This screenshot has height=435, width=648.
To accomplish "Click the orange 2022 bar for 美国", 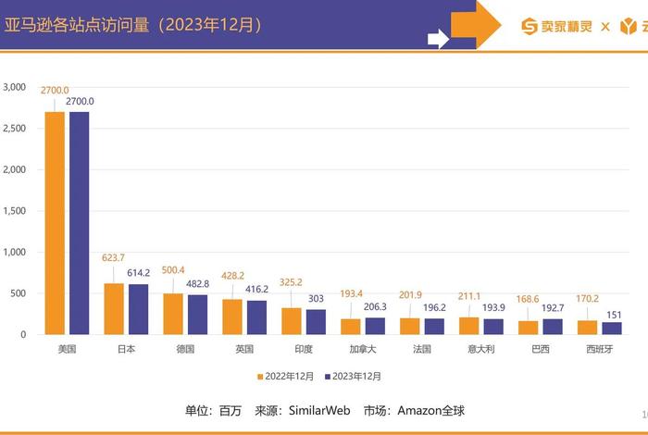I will click(x=55, y=222).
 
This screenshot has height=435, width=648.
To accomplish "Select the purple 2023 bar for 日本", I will click(x=137, y=309).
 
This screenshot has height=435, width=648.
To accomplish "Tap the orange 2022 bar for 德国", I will click(x=173, y=314).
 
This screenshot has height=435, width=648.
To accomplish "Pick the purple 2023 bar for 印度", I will click(x=317, y=321).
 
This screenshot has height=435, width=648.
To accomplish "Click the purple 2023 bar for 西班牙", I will click(x=613, y=328).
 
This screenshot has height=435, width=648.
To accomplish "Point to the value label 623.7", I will click(x=114, y=258).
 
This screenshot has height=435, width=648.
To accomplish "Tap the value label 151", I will click(x=613, y=315).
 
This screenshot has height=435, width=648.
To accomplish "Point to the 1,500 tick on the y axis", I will click(x=14, y=211).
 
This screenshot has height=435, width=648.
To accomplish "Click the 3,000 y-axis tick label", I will click(x=14, y=87).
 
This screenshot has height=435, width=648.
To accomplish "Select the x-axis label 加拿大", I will click(x=364, y=350).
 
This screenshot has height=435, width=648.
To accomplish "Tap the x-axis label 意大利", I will click(x=482, y=350).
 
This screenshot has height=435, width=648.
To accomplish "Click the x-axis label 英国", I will click(x=245, y=350).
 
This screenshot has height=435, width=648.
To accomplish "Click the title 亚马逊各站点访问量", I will click(x=74, y=25).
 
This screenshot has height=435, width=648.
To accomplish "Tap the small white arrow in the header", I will click(x=438, y=38).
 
